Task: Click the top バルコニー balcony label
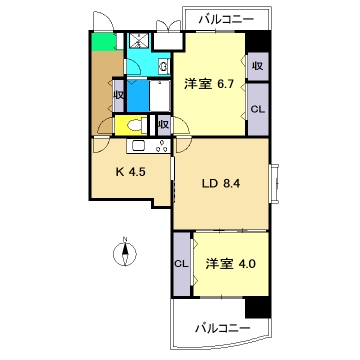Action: point(225,19)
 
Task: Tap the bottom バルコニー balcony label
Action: point(222,327)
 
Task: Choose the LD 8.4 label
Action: point(219,184)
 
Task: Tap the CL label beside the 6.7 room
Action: point(257,108)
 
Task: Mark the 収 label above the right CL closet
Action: point(257,67)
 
